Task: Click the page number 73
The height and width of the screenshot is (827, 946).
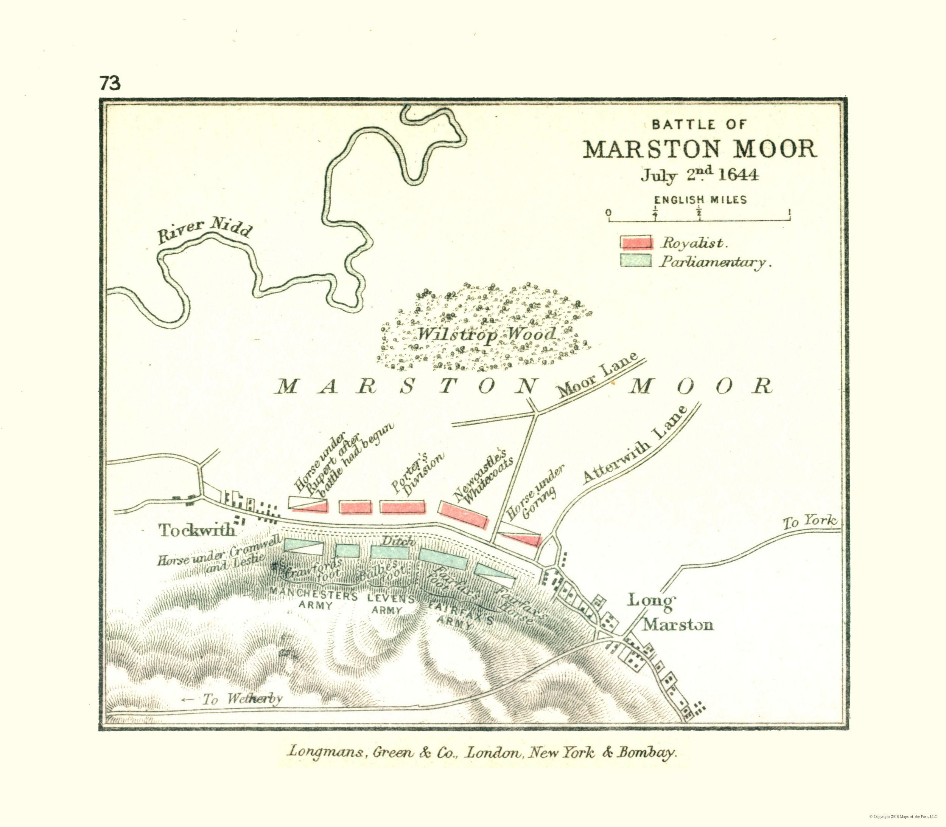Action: [x=109, y=84]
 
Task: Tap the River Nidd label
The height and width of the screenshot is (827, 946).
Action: [x=205, y=230]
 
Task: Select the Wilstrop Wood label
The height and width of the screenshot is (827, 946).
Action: [x=486, y=334]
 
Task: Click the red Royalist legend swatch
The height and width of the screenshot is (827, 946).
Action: [x=636, y=242]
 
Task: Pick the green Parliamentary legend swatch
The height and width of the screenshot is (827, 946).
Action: [x=636, y=261]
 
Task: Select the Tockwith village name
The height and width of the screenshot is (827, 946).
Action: [x=197, y=530]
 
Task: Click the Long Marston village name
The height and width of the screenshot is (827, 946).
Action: [x=670, y=612]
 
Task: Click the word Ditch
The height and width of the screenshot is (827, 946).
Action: [x=398, y=541]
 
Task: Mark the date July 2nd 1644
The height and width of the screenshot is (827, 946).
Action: [x=699, y=175]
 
